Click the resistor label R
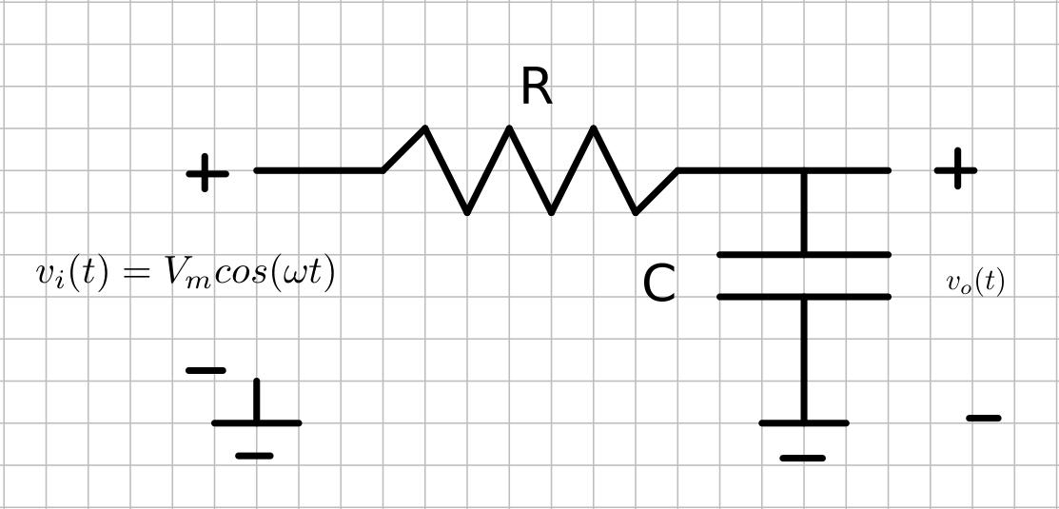click(537, 88)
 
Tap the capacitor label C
click(658, 284)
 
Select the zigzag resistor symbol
click(530, 170)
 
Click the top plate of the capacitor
click(804, 255)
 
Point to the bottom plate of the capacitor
click(804, 297)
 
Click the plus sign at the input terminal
click(206, 174)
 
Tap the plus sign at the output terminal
click(955, 170)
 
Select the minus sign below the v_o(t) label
click(984, 418)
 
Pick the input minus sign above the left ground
click(206, 370)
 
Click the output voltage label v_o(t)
click(975, 282)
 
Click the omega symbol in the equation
click(299, 275)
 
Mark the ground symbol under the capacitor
click(804, 439)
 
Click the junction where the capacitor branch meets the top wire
click(804, 171)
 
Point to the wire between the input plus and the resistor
click(319, 170)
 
